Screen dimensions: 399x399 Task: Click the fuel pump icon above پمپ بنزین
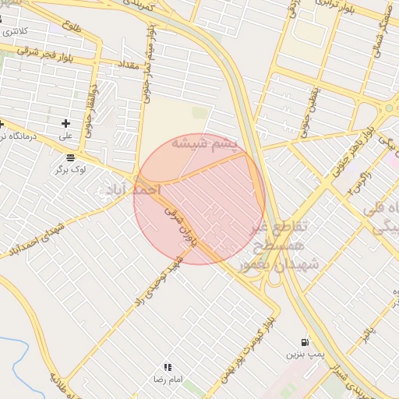[x=304, y=342]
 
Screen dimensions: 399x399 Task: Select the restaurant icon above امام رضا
[x=167, y=366]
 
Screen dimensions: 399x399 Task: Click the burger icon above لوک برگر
[x=71, y=157]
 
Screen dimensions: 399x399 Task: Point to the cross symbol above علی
[x=65, y=123]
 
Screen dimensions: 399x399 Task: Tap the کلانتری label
[x=15, y=32]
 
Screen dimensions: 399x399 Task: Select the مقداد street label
[x=129, y=63]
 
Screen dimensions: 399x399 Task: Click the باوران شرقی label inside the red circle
[x=182, y=227]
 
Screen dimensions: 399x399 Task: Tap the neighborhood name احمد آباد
[x=136, y=189]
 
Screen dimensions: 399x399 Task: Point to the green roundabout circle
[x=388, y=108]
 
